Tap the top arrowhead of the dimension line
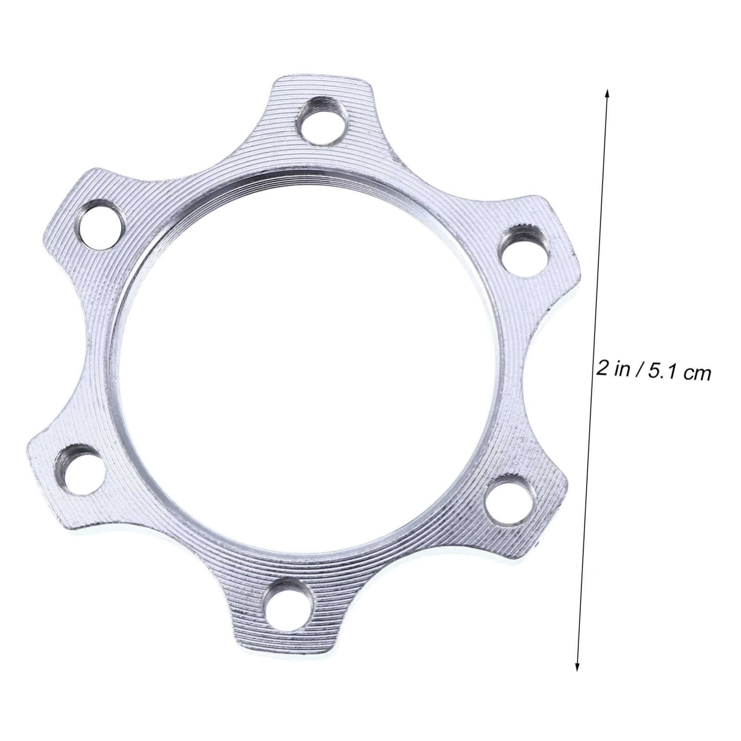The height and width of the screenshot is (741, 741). [607, 93]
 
